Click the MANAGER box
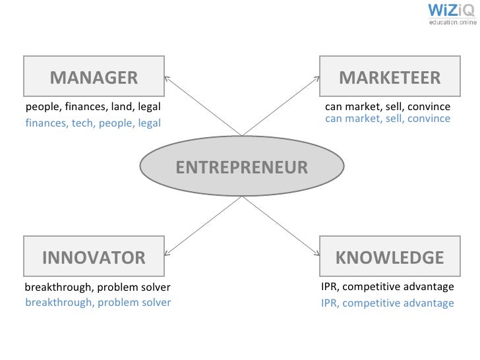94,76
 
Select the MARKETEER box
388,76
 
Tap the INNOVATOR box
94,256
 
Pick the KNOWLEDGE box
388,256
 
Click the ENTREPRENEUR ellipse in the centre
241,167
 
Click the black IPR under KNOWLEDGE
330,287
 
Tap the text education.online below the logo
452,22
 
